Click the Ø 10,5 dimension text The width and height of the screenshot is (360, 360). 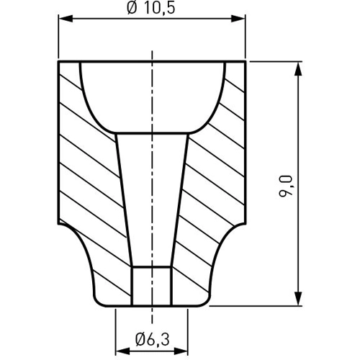click(x=151, y=9)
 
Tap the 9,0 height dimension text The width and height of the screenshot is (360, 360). click(x=286, y=186)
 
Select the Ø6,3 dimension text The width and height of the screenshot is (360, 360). click(x=153, y=339)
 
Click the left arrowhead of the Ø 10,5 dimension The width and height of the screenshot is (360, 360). click(x=66, y=19)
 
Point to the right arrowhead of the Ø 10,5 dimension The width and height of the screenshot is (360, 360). click(x=238, y=19)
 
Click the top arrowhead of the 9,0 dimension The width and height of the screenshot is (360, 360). click(x=298, y=69)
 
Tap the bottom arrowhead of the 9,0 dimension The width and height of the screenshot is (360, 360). click(x=298, y=299)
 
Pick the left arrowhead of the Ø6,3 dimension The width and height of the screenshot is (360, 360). click(x=123, y=351)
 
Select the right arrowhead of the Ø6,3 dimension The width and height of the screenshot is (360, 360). click(x=181, y=351)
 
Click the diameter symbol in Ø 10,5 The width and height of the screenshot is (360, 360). click(x=132, y=9)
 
